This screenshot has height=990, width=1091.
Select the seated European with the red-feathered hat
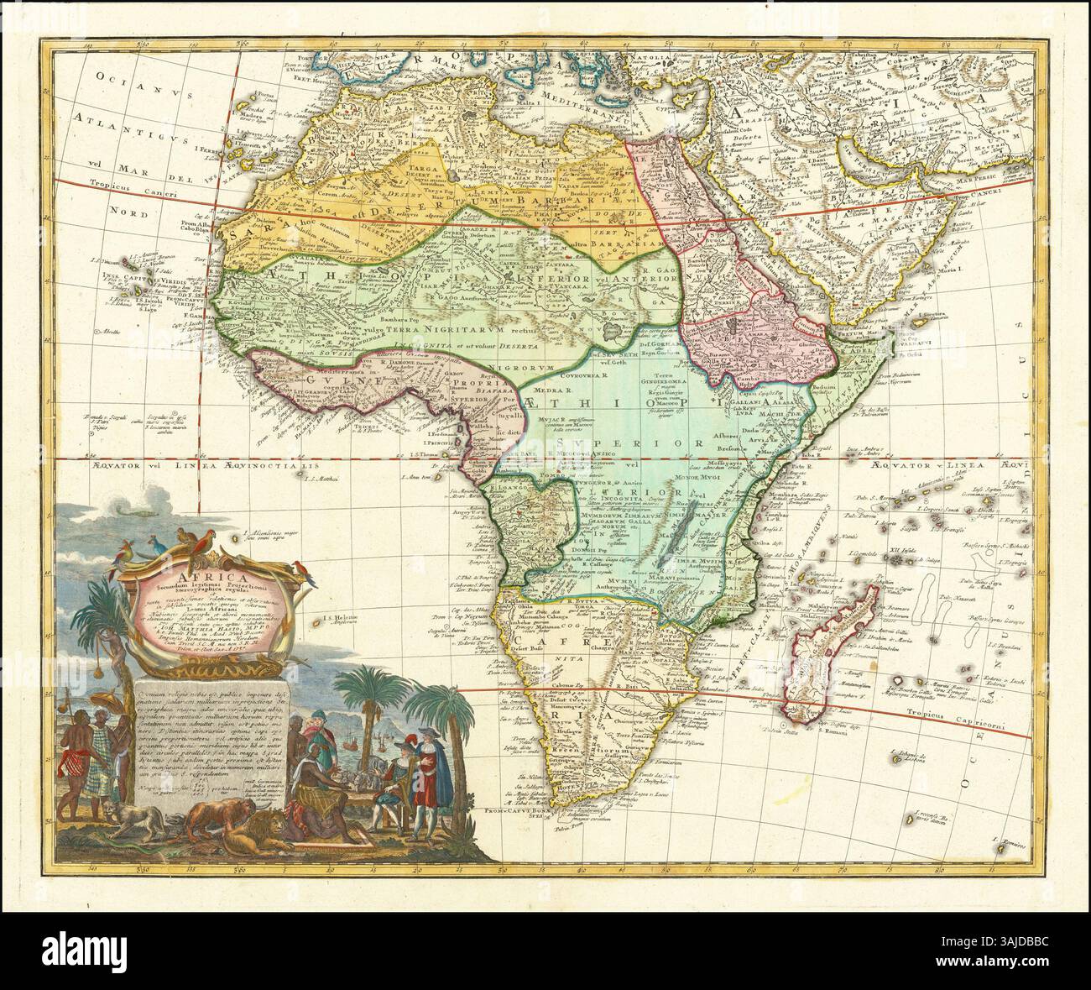click(x=390, y=781)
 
